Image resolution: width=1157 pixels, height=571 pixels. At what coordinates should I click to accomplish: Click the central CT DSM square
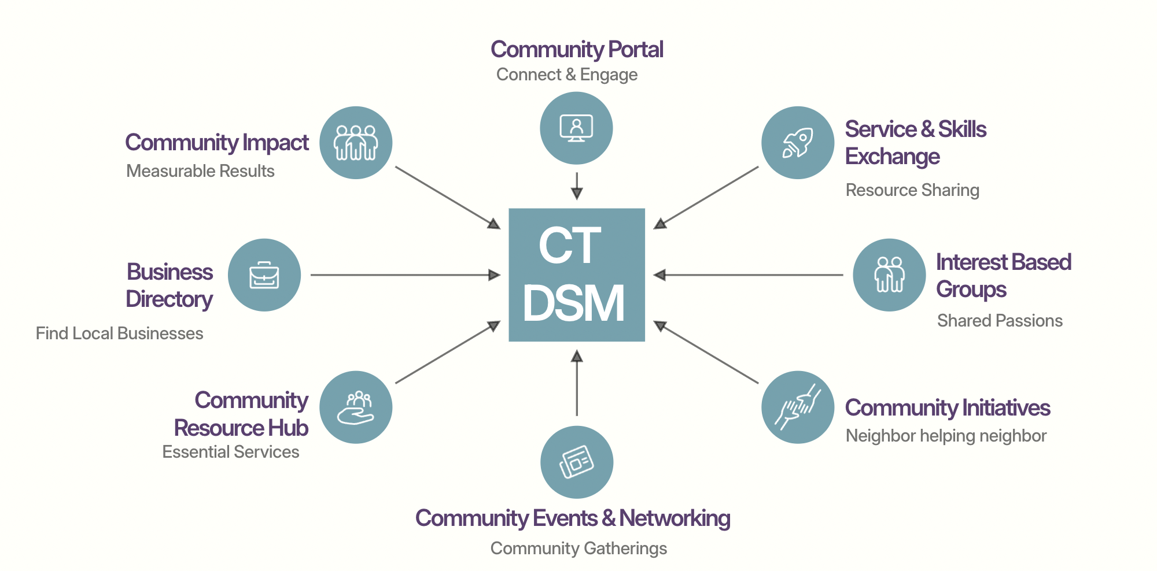[576, 275]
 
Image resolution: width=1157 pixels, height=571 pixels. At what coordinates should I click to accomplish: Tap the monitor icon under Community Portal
[576, 128]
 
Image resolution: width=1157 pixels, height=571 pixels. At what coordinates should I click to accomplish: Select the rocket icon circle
[797, 143]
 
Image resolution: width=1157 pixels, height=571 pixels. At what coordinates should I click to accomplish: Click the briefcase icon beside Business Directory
[264, 275]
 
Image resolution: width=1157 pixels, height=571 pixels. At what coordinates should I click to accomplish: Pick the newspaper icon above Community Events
[576, 462]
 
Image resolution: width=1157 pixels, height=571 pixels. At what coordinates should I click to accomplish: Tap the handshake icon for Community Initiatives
[797, 407]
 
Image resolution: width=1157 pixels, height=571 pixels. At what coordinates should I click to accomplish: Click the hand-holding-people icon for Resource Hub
[356, 407]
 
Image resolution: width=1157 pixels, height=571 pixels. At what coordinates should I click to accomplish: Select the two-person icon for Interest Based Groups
[889, 275]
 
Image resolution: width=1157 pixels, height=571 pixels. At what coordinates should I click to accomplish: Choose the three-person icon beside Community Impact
[356, 143]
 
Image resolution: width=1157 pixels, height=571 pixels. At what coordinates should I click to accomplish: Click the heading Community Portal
[576, 50]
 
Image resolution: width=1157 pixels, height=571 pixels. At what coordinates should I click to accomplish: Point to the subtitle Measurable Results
[200, 171]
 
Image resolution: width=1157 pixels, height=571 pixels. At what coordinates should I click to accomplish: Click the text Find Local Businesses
[119, 333]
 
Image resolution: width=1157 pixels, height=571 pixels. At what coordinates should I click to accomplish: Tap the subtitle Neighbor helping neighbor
[946, 436]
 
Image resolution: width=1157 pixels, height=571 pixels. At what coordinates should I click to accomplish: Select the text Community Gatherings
[578, 548]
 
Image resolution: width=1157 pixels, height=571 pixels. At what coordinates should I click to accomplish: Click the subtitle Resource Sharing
[912, 190]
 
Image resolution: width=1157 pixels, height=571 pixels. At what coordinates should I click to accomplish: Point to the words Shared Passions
[1000, 321]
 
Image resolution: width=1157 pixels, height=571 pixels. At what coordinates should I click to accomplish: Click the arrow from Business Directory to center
[405, 275]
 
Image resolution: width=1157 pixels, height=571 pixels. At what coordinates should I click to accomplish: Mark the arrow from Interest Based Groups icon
[749, 275]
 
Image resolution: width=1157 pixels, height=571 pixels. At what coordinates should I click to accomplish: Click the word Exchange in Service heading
[892, 157]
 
